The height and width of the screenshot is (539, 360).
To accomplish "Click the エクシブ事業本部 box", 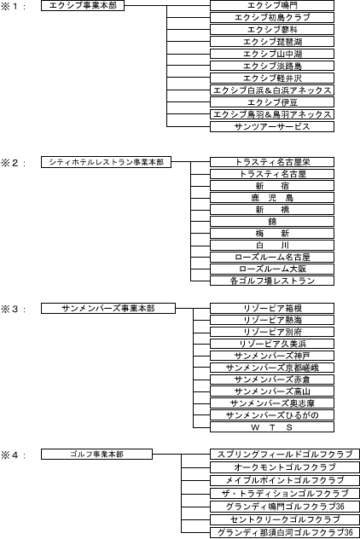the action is [x=83, y=5].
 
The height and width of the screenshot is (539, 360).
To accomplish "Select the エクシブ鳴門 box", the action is [x=272, y=5].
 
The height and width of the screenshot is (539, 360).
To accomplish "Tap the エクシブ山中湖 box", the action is [x=272, y=54].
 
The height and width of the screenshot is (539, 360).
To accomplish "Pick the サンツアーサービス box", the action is [x=272, y=126].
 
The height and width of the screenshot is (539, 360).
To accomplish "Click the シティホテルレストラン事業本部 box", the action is [x=106, y=162].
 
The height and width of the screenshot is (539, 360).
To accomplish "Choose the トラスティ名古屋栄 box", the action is [x=272, y=162].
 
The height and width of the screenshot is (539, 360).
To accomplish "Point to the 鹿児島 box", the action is [x=272, y=198].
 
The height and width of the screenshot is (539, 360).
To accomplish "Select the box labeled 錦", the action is [x=272, y=222].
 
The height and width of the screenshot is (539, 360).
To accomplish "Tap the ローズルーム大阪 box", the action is [x=272, y=269].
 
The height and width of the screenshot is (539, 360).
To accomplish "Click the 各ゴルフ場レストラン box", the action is [x=272, y=281].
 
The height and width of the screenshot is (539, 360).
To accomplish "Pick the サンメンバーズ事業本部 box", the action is [x=108, y=308].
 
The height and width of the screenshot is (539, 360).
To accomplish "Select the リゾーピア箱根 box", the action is [x=272, y=308].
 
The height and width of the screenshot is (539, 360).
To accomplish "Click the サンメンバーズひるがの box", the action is [x=272, y=414].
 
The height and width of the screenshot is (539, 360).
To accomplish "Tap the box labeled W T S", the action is [x=272, y=427].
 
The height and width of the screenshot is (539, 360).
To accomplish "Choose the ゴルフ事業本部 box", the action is [x=96, y=454].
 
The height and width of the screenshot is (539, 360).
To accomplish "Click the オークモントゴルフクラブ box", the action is [x=285, y=467].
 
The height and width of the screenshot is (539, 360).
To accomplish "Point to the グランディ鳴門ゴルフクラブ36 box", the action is [x=285, y=507].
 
